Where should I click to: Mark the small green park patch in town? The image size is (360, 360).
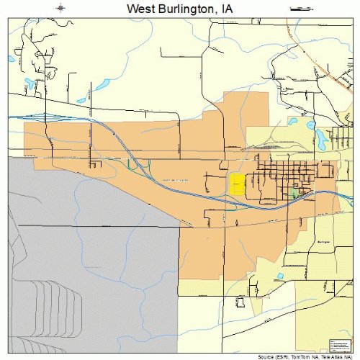click(x=293, y=193)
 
